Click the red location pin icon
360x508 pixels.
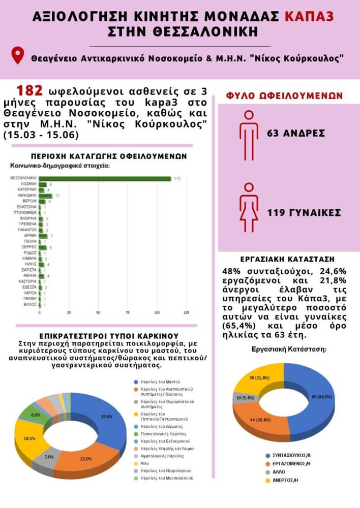[x=18, y=55]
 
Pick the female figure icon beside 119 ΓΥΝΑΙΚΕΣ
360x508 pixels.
[x=248, y=212]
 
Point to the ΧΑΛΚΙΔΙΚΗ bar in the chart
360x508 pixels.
[x=46, y=196]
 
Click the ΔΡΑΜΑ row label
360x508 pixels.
[x=28, y=236]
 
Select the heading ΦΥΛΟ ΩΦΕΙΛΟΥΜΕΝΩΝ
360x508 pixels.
[x=284, y=96]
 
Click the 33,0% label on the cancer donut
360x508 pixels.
[x=107, y=417]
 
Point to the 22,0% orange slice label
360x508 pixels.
[x=85, y=459]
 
